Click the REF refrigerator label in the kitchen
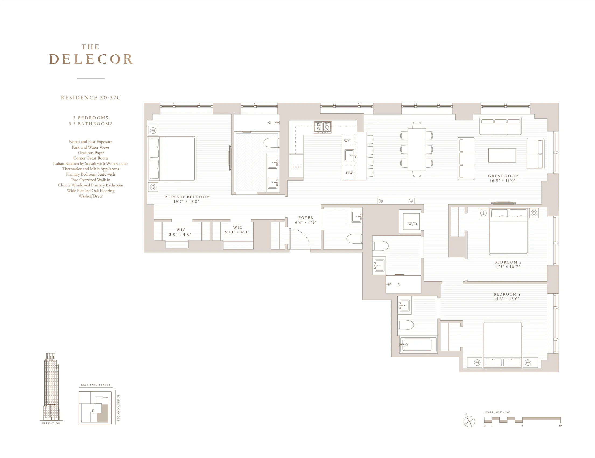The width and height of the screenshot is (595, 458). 296,167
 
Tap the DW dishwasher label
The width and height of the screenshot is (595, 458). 349,173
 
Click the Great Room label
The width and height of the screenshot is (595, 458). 503,176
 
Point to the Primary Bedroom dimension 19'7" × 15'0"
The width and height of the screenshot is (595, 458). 186,202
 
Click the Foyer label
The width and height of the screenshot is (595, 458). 306,218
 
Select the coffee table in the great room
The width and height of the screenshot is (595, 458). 502,155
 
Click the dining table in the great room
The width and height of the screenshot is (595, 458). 416,150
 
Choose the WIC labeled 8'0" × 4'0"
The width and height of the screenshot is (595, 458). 181,232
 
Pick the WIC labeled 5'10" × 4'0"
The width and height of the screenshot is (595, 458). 237,230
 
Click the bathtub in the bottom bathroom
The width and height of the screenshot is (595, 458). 417,345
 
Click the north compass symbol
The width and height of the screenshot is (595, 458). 469,421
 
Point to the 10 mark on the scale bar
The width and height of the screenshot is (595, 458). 560,426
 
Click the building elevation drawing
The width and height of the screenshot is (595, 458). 51,387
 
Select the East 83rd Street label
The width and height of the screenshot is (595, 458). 96,385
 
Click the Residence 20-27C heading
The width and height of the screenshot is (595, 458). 91,98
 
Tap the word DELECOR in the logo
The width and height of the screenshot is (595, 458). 91,59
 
